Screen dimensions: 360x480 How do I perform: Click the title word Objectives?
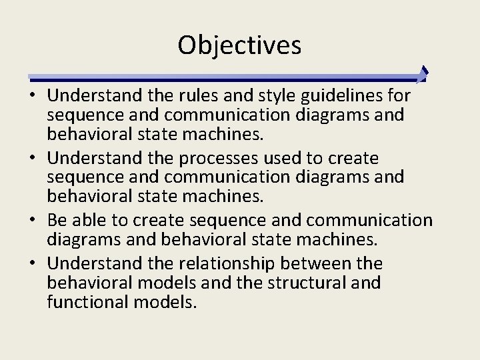click(x=239, y=45)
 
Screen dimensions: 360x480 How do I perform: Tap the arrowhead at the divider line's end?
click(x=422, y=74)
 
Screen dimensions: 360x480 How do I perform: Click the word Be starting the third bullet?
click(x=57, y=221)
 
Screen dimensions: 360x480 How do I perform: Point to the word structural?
click(x=305, y=283)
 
